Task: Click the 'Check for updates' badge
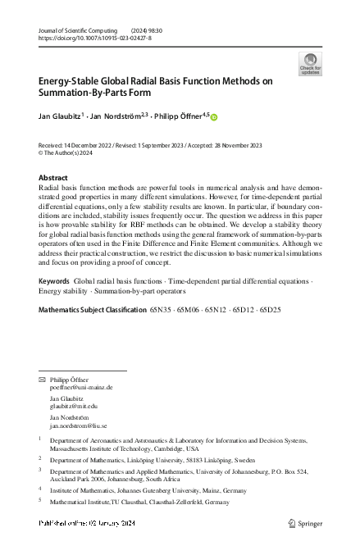coord(311,64)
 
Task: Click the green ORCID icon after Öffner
coord(214,118)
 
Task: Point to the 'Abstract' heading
coord(54,178)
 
